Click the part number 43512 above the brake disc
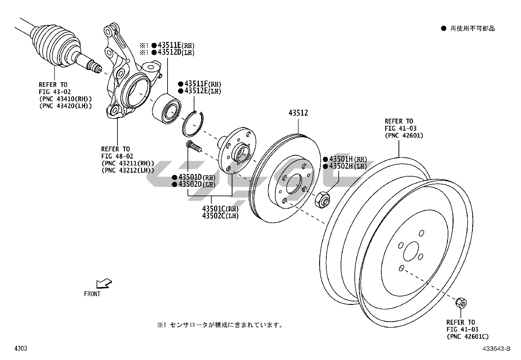coord(298,113)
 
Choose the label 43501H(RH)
coord(348,159)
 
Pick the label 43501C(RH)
coord(220,209)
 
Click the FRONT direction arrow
coord(104,284)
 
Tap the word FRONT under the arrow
coord(92,294)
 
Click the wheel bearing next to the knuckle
coord(167,107)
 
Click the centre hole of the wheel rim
coord(411,252)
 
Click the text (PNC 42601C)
coord(468,336)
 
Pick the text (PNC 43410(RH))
coord(65,99)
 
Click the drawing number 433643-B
coord(496,349)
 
